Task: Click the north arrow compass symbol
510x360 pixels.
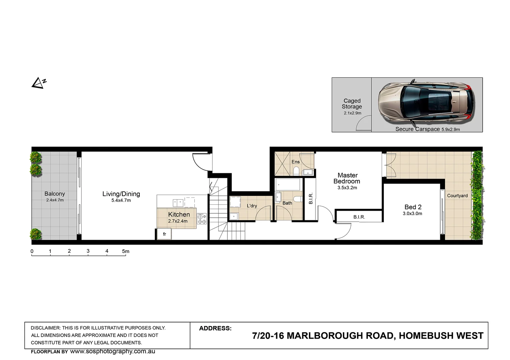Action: pyautogui.click(x=38, y=83)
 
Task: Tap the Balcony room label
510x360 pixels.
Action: pyautogui.click(x=55, y=194)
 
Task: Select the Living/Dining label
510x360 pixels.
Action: pyautogui.click(x=121, y=194)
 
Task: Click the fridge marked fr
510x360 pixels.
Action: pyautogui.click(x=164, y=234)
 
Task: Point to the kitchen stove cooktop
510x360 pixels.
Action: pyautogui.click(x=201, y=219)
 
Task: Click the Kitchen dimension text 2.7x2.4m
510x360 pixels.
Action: pyautogui.click(x=178, y=221)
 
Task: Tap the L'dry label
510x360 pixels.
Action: pyautogui.click(x=252, y=206)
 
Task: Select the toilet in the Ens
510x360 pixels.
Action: pyautogui.click(x=296, y=171)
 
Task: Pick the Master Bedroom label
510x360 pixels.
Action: pyautogui.click(x=347, y=178)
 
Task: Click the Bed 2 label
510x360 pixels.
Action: pyautogui.click(x=413, y=207)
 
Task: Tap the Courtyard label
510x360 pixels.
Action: pyautogui.click(x=457, y=196)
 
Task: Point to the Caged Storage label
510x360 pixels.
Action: pyautogui.click(x=352, y=104)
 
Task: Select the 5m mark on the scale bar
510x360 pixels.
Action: pyautogui.click(x=125, y=251)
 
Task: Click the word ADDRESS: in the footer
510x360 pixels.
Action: pyautogui.click(x=215, y=328)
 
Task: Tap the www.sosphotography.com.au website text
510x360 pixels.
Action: pyautogui.click(x=112, y=351)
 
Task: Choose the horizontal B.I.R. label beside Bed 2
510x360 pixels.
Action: pyautogui.click(x=359, y=217)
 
